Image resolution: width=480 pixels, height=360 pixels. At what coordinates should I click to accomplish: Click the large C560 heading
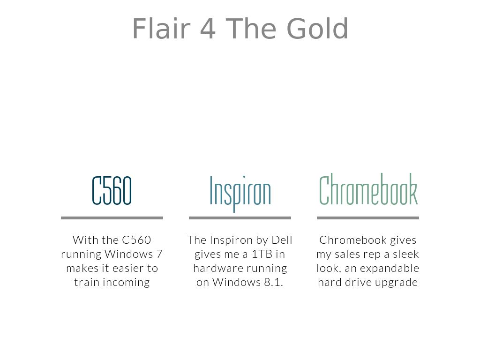tap(112, 191)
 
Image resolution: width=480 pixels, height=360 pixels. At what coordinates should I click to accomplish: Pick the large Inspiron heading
tap(240, 193)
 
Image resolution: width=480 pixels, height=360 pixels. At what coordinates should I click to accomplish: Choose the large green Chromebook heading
tap(368, 190)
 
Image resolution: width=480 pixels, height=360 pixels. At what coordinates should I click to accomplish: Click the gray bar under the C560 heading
tap(112, 218)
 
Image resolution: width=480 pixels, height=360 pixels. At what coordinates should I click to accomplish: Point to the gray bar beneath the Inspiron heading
tap(240, 218)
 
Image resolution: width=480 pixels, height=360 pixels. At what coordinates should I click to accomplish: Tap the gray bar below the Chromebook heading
tap(368, 218)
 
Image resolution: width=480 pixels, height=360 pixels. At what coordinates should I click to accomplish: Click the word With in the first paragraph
tap(85, 240)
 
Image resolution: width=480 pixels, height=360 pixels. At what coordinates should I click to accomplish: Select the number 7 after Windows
tap(159, 254)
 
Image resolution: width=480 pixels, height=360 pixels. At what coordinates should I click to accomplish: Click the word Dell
tap(282, 240)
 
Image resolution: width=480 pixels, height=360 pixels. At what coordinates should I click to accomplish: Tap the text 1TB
tap(262, 254)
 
